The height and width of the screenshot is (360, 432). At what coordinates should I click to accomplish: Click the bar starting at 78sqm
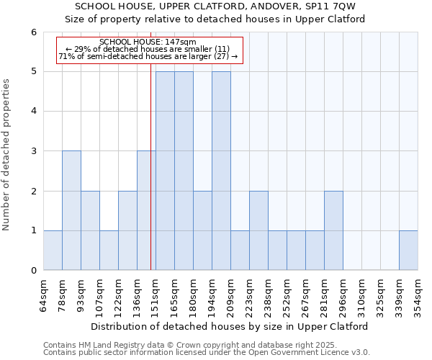pos(71,210)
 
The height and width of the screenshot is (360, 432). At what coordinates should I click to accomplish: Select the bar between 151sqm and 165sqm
pos(165,171)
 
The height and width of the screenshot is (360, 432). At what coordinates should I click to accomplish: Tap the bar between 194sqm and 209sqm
pos(221,171)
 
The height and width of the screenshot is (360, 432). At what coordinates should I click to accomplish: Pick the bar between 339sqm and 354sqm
pos(408,251)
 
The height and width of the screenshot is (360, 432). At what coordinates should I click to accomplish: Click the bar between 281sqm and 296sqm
pos(333,230)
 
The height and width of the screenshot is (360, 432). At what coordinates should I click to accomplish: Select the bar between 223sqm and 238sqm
pos(258,230)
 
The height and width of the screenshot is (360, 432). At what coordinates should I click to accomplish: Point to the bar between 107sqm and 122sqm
pos(109,251)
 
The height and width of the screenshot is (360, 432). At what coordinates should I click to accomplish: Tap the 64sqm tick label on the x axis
pos(43,294)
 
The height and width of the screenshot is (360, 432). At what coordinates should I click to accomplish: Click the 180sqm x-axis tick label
pos(193,294)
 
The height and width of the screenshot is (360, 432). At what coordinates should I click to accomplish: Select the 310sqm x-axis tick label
pos(361,294)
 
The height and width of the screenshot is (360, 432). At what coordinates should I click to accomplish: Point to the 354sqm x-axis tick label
pos(418,294)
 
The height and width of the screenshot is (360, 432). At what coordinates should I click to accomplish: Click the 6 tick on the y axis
pos(33,32)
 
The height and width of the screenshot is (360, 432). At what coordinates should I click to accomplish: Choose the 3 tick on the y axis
pos(33,151)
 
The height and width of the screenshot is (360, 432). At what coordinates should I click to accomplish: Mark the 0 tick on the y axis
pos(33,271)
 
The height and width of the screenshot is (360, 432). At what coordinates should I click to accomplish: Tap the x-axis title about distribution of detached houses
pos(230,326)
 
